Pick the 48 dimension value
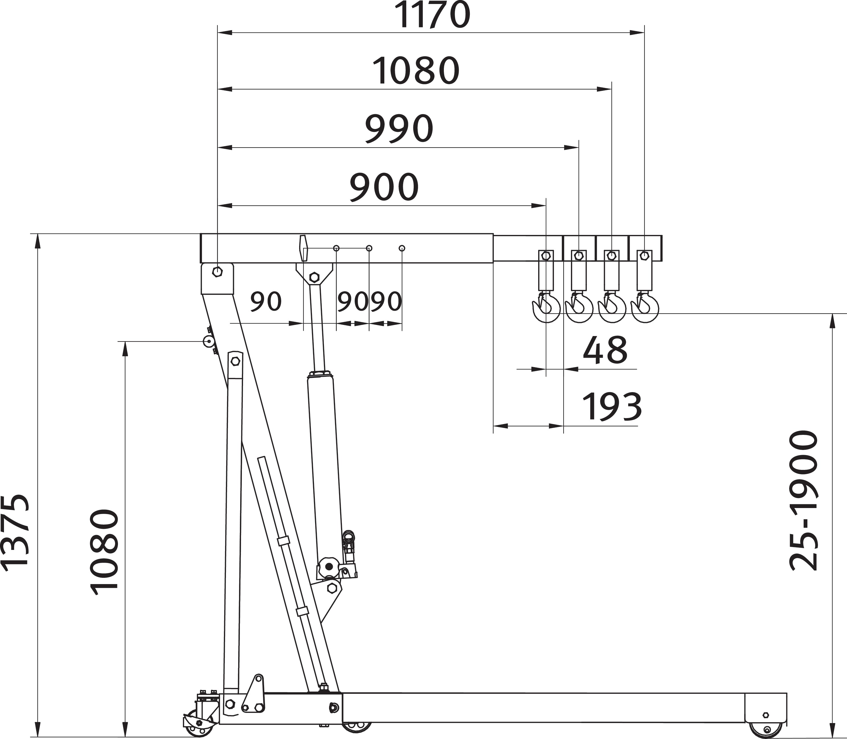tap(605, 350)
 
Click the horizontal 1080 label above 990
tap(416, 71)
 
